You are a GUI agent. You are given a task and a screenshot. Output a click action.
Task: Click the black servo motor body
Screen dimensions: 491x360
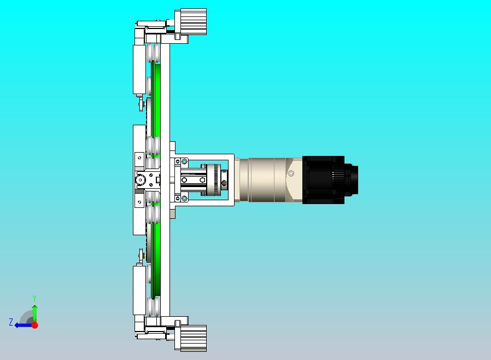323,180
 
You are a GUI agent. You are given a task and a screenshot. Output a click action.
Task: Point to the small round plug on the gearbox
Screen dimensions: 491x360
291,173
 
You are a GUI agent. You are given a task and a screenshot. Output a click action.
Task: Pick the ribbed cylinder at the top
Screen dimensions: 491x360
193,21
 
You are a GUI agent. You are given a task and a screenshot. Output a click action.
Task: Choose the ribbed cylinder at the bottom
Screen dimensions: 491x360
193,338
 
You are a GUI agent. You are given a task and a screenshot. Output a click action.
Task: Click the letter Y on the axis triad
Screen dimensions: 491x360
34,298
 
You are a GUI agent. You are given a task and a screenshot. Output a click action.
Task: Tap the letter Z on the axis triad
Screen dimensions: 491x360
11,322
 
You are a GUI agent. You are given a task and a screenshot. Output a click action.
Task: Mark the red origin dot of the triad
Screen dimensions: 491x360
35,325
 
